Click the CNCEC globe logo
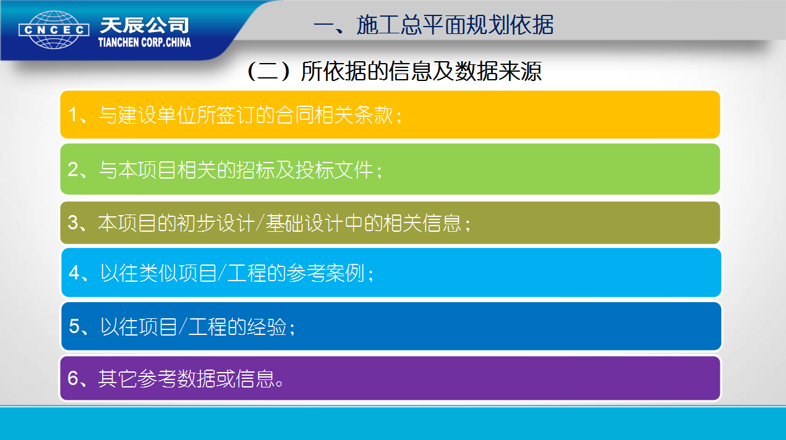54,30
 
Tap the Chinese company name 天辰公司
144,25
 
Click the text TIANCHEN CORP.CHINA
145,43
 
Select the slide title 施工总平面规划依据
455,25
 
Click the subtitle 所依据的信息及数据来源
421,72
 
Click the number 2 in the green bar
72,170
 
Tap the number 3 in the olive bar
72,222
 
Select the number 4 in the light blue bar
74,273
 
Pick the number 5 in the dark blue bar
74,326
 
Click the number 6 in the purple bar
72,378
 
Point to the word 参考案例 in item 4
326,273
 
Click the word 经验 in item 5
267,326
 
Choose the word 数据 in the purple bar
196,379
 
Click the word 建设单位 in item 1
157,115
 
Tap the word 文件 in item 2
353,170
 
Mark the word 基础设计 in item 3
305,222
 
